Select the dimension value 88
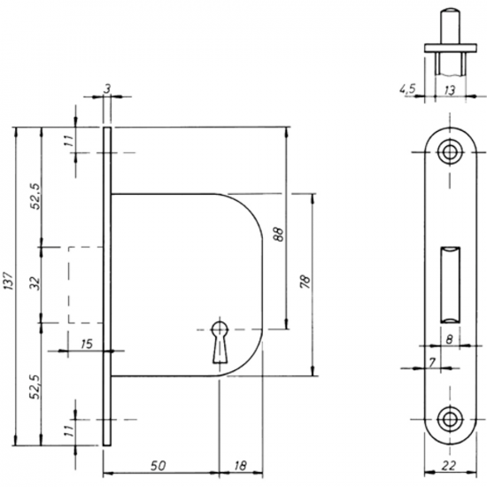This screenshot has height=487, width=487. coord(279,235)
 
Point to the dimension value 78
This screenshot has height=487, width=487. coord(305,282)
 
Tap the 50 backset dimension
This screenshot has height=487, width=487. coord(158,466)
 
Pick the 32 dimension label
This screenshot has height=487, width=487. coord(36,283)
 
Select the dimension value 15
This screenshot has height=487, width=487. coord(87,344)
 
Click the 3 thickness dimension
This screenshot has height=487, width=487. coord(107,89)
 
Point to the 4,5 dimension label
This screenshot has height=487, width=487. coord(407,89)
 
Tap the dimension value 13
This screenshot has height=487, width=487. coord(450,90)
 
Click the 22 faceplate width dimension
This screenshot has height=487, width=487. coord(449,465)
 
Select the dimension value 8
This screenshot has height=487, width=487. coord(449,339)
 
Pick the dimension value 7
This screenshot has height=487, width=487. coord(432,362)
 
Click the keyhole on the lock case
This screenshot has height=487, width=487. coord(220,342)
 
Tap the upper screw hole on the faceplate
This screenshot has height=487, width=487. coord(449,152)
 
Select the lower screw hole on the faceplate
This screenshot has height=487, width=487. coord(449,420)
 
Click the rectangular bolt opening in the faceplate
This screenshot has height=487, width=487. coord(450,285)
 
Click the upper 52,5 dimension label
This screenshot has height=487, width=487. coord(36,196)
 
